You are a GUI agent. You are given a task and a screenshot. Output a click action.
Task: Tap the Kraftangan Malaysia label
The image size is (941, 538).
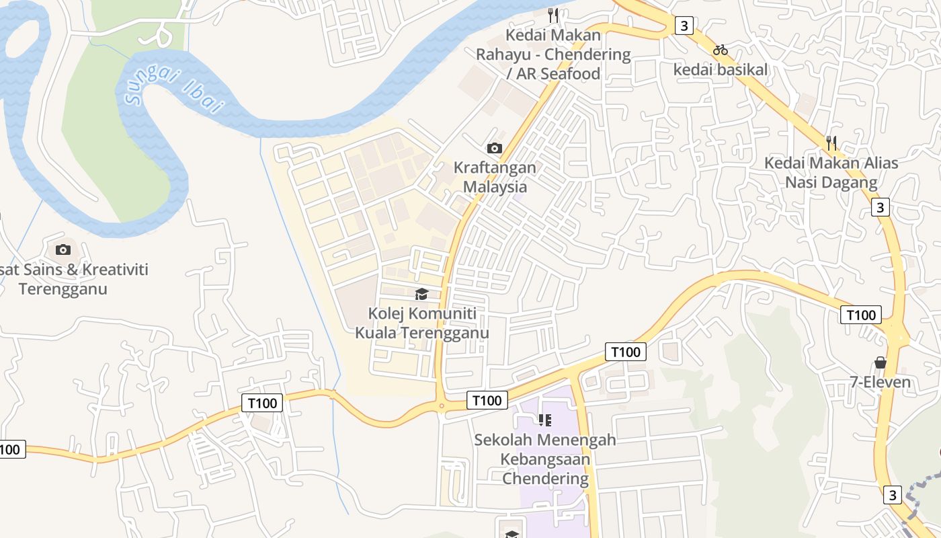[x=495, y=177]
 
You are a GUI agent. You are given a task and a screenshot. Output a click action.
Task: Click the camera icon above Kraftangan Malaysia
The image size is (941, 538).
[x=495, y=148]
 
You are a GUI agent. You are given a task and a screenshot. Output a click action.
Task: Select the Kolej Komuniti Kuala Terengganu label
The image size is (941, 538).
[x=422, y=323]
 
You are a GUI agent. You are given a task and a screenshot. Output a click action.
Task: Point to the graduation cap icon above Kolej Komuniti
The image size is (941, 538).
[x=421, y=294]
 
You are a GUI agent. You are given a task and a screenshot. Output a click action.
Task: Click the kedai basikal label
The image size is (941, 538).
[x=721, y=69]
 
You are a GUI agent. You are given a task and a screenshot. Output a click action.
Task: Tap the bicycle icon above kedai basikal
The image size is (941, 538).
[x=721, y=50]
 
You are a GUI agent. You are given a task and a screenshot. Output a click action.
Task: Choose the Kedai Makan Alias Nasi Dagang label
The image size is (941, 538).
[x=831, y=173]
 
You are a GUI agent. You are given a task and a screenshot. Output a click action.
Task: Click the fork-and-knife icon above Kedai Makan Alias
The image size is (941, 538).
[x=831, y=143]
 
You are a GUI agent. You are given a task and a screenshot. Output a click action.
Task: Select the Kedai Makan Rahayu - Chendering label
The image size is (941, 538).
[x=554, y=54]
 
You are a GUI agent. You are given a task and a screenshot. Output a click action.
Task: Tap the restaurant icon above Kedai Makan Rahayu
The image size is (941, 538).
[x=553, y=15]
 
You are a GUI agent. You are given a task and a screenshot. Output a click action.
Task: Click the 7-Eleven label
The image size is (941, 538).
[x=880, y=383]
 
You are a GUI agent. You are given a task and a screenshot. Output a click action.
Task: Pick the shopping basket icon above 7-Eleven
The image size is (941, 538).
[x=880, y=363]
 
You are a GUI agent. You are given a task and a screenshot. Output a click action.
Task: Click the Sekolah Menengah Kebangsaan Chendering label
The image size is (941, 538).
[x=545, y=459]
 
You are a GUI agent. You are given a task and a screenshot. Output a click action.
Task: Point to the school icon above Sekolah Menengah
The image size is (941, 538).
[x=545, y=420]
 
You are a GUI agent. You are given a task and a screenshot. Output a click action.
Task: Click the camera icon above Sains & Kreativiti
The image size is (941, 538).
[x=63, y=249]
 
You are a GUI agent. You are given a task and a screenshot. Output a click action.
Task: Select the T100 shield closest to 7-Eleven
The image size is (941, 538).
[x=861, y=315]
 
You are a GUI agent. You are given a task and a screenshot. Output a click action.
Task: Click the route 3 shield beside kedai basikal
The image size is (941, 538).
[x=684, y=26]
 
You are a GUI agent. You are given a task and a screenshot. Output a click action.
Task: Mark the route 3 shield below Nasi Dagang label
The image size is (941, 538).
[x=881, y=207]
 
